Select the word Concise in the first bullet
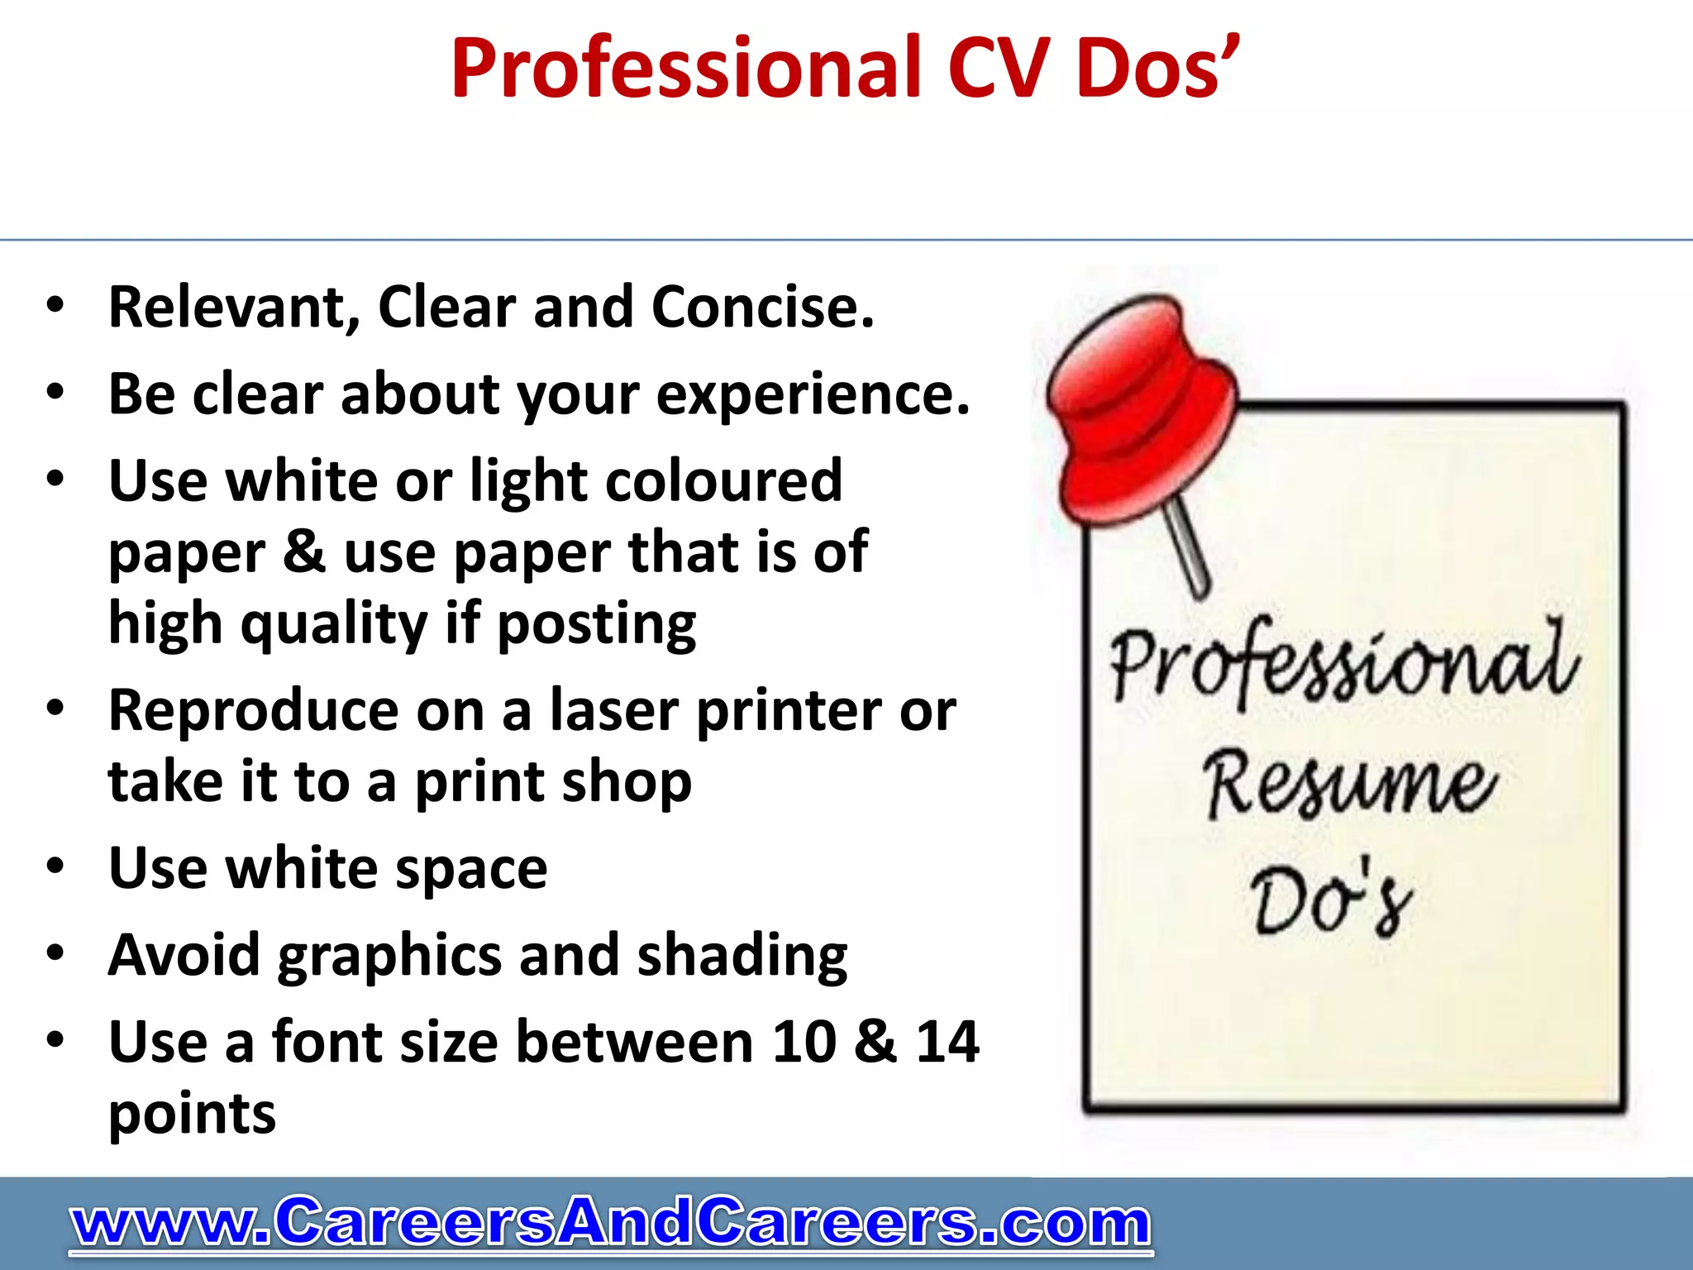point(761,308)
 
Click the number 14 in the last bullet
point(947,1042)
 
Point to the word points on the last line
point(192,1115)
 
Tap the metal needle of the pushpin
point(1189,550)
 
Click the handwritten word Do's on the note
point(1331,901)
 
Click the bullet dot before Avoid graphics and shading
point(55,953)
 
